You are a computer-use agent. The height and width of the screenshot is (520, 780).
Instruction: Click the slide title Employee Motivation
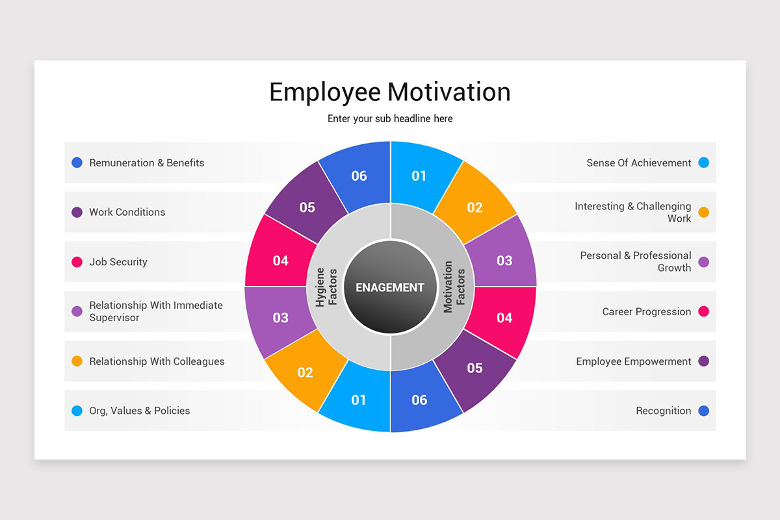tap(390, 92)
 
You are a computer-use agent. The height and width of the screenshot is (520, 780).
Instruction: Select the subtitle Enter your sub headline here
tap(390, 118)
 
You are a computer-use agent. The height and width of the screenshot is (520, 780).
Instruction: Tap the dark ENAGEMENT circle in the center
tap(390, 287)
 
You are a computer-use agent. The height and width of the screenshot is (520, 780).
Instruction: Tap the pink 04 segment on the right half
tap(504, 317)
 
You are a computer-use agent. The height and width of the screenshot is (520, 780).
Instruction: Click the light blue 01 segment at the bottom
tap(359, 399)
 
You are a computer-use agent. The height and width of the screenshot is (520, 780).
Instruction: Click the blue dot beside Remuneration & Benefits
tap(77, 162)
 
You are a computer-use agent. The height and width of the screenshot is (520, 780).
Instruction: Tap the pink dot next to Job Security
tap(77, 262)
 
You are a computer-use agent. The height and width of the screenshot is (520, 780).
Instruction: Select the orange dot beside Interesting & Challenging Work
tap(703, 212)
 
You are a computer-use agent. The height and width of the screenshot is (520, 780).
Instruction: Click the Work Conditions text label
tap(127, 212)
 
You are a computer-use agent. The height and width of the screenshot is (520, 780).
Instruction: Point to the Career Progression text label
tap(646, 311)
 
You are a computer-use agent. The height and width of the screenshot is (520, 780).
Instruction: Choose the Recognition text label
tap(663, 411)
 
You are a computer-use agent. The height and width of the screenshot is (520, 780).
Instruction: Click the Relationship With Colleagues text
tap(157, 361)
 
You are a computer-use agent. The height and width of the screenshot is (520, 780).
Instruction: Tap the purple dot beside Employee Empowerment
tap(703, 361)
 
